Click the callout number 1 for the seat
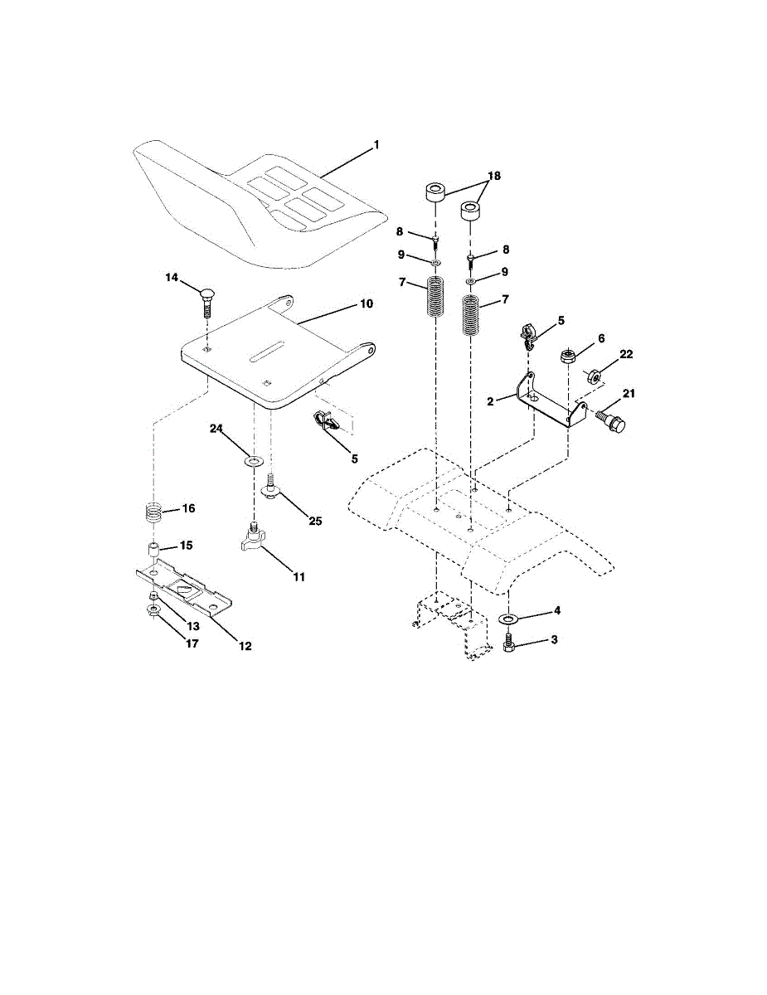376,145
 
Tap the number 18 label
494,176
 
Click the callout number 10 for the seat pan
367,303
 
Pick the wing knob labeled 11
253,537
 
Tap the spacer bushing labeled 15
154,550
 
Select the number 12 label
245,646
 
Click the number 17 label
192,643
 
